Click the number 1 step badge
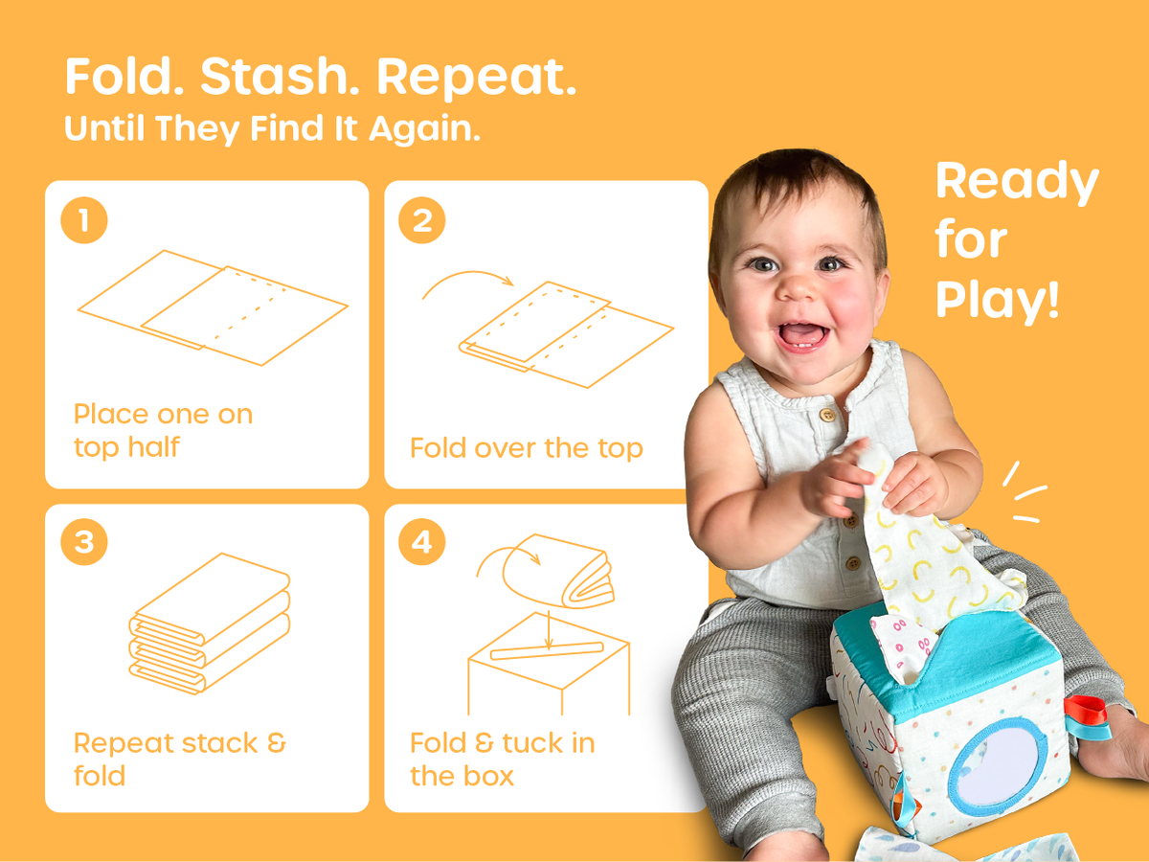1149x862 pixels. click(x=84, y=220)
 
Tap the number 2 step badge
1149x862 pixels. click(x=422, y=220)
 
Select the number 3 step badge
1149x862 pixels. click(x=84, y=542)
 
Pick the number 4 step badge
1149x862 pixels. click(x=422, y=542)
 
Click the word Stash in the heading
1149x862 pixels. click(x=280, y=77)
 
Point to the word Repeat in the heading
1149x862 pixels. click(x=477, y=78)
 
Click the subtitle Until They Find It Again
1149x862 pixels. click(x=272, y=128)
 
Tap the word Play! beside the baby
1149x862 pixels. click(x=997, y=300)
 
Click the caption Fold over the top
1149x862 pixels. click(x=527, y=448)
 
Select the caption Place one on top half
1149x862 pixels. click(x=164, y=431)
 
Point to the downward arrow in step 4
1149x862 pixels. click(x=549, y=629)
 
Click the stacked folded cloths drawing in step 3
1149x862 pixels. click(x=210, y=624)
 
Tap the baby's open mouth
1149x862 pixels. click(x=802, y=336)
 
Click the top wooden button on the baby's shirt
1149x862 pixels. click(x=827, y=415)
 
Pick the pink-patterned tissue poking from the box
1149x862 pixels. click(x=901, y=648)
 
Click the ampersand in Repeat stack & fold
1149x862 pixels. click(x=277, y=743)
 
